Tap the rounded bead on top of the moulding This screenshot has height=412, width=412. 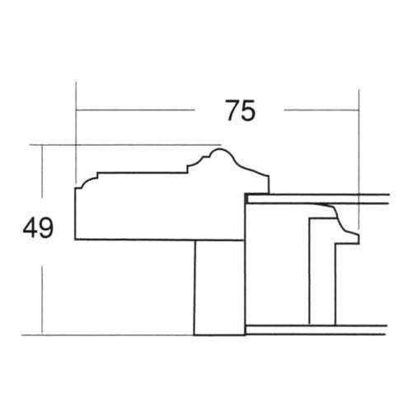[x=217, y=153]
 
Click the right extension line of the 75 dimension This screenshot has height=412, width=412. [x=361, y=148]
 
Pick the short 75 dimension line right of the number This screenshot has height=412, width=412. [x=321, y=110]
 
